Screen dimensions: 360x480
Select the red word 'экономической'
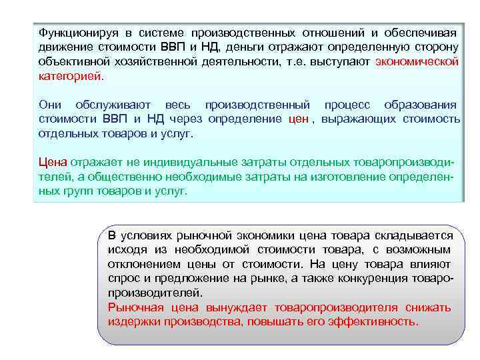point(417,62)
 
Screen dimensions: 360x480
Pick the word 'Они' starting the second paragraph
point(50,105)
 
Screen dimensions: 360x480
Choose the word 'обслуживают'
point(113,105)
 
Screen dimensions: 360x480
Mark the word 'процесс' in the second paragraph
point(347,105)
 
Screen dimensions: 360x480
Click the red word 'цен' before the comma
point(299,119)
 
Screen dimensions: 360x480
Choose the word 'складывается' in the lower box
point(415,235)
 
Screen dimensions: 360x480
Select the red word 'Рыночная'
point(137,307)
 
